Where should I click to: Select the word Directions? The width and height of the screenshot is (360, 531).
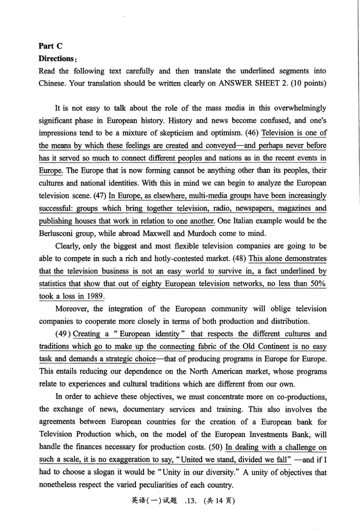click(56, 59)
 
